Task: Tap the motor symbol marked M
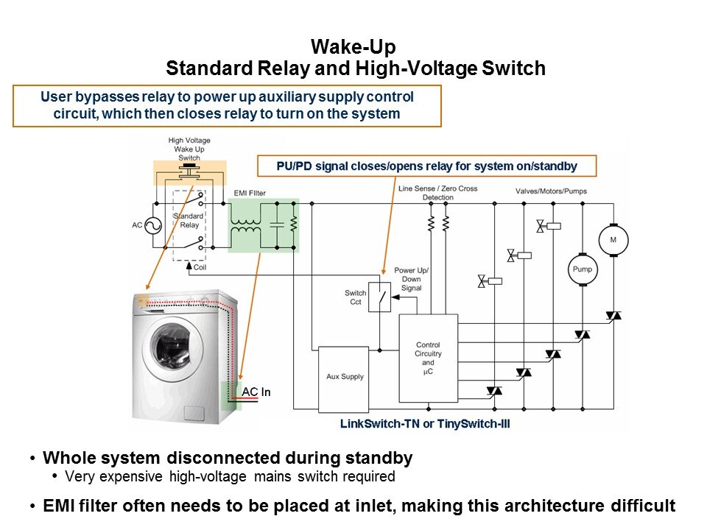pos(613,240)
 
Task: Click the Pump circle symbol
pos(581,269)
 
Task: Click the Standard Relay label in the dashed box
pos(189,221)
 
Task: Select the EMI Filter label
pos(250,193)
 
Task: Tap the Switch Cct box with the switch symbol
pos(379,297)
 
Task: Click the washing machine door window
pos(177,347)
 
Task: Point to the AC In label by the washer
pos(256,392)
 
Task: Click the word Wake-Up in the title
pos(354,47)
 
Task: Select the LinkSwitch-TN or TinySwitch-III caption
pos(425,425)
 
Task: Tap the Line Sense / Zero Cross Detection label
pos(437,193)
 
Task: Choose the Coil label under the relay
pos(200,267)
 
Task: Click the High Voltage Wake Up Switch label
pos(186,149)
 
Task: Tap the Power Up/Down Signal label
pos(411,279)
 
